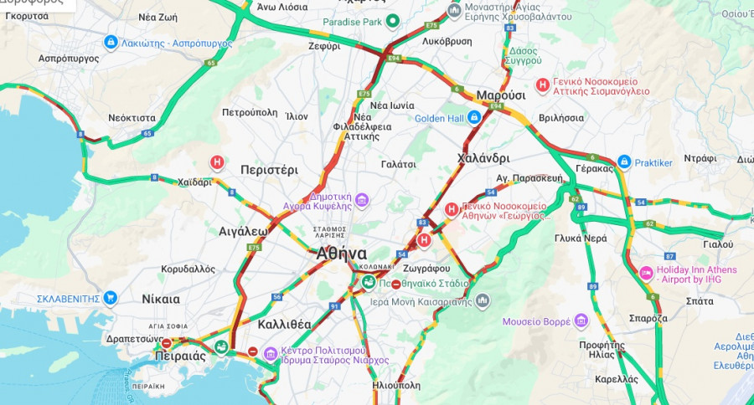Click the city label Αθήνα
[x=341, y=254]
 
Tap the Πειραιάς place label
[x=180, y=356]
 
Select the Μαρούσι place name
[x=500, y=95]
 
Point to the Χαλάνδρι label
[x=483, y=158]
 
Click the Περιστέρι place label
[x=269, y=169]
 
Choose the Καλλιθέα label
[x=285, y=324]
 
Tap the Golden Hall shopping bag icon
[x=473, y=118]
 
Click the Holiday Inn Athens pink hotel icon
[x=646, y=274]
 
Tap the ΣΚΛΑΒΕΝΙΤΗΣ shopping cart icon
[x=110, y=298]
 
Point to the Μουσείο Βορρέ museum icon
[x=581, y=321]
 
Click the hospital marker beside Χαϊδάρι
[x=217, y=162]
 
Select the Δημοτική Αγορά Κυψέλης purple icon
[x=362, y=199]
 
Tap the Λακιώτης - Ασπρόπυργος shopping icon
[x=111, y=41]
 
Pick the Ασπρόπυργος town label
[x=69, y=59]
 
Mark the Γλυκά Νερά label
[x=580, y=238]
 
